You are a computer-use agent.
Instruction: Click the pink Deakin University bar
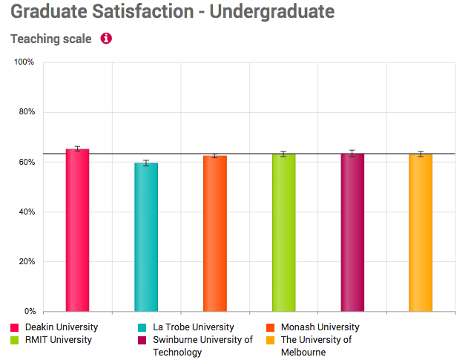click(77, 230)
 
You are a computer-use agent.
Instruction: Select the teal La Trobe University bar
click(146, 238)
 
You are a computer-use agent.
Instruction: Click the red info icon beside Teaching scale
click(106, 39)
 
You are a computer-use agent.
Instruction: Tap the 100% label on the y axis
click(24, 62)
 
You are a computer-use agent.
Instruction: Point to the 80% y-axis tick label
click(26, 112)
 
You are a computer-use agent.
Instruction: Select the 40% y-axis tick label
click(26, 212)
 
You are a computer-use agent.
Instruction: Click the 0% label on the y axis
click(29, 312)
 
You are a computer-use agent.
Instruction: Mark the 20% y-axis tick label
click(26, 262)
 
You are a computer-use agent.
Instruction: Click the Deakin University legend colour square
click(15, 327)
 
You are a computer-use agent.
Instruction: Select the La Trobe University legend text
click(193, 327)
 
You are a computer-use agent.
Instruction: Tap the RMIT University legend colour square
click(15, 340)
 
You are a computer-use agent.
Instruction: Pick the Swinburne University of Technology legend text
click(203, 346)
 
